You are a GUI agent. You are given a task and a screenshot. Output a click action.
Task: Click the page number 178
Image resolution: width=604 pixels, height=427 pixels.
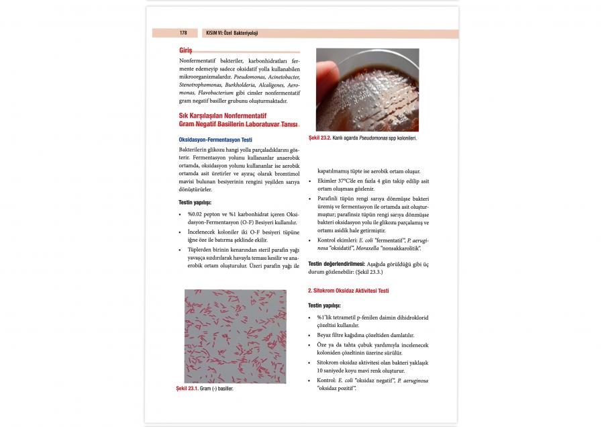click(x=183, y=33)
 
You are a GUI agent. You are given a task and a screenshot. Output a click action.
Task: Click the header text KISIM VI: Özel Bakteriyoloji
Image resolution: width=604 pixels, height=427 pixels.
click(x=232, y=33)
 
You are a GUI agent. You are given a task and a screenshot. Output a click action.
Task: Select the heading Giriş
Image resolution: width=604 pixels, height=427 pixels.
click(x=186, y=51)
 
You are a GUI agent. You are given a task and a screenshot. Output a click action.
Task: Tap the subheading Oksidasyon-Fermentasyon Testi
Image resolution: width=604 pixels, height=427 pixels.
click(x=215, y=139)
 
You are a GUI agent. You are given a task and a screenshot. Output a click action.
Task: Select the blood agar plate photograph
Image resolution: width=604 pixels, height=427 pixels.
click(x=367, y=89)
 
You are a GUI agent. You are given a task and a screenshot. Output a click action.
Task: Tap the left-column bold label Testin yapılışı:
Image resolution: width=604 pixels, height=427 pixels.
click(x=195, y=202)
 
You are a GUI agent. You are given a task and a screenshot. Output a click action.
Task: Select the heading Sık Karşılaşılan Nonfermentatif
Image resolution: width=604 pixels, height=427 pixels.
click(x=224, y=115)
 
